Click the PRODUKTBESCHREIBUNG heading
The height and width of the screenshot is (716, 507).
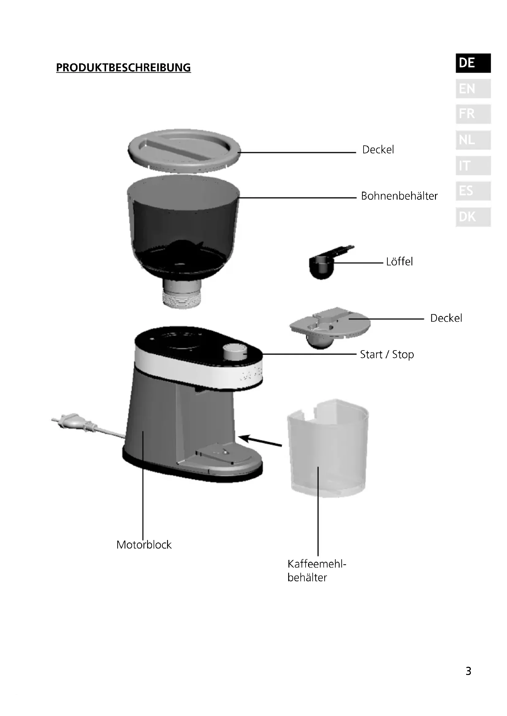[123, 68]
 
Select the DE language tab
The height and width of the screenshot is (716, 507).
[473, 63]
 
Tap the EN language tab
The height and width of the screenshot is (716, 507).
[473, 89]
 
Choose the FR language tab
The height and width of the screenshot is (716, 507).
[473, 114]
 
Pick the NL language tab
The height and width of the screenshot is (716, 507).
[473, 140]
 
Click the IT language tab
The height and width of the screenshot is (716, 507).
[473, 166]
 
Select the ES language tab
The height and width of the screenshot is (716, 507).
[473, 191]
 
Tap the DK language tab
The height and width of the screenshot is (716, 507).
[473, 217]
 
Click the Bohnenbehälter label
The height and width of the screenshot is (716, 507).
[399, 196]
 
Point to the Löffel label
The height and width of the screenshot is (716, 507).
[399, 262]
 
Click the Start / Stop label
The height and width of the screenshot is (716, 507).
[387, 354]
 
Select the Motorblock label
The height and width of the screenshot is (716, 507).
[144, 545]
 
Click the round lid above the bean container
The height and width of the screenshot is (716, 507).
[184, 150]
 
